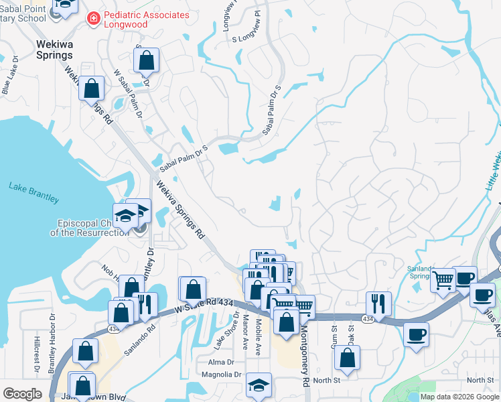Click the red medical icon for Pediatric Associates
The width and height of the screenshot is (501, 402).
[x=94, y=20]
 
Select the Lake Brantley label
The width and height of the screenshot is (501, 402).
[x=33, y=192]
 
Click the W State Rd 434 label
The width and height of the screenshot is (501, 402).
[x=204, y=306]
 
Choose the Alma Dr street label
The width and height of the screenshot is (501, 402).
[x=221, y=361]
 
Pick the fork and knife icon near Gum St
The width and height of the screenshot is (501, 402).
[x=378, y=303]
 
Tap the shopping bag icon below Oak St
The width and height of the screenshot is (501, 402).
[x=348, y=358]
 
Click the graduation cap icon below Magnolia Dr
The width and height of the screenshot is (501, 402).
[x=259, y=385]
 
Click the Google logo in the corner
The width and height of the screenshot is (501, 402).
[x=22, y=394]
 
